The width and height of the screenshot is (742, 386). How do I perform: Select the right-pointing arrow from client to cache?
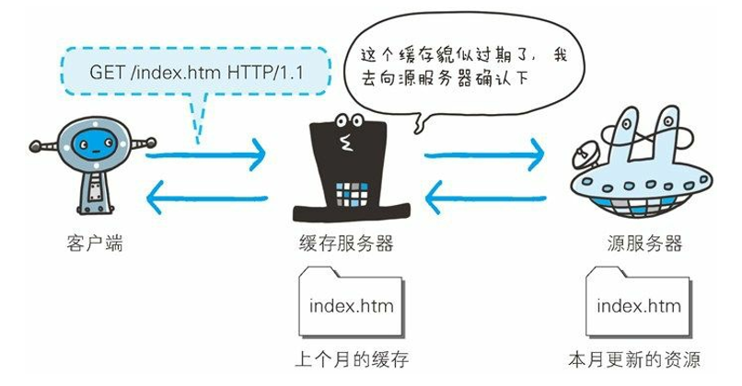[x=207, y=156]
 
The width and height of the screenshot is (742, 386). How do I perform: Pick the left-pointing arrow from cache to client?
[x=207, y=195]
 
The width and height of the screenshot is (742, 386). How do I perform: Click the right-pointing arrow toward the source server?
[x=482, y=156]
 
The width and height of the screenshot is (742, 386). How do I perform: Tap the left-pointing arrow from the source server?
[x=482, y=195]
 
